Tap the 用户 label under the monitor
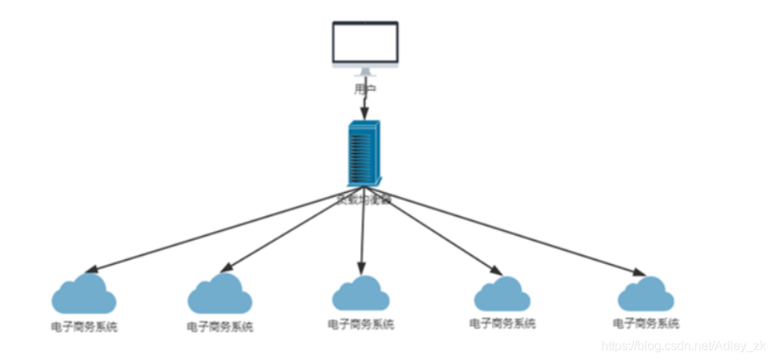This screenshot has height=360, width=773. [365, 89]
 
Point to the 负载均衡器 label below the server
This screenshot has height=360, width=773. [364, 199]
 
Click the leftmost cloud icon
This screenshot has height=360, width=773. [84, 294]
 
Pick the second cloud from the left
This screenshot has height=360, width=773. [219, 294]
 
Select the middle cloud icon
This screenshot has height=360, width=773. [361, 294]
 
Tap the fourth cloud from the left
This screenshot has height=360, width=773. [502, 294]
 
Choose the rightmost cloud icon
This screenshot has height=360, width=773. [646, 295]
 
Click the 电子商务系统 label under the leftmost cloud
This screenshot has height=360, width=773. [85, 326]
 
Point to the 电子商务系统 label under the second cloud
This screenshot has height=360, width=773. [220, 326]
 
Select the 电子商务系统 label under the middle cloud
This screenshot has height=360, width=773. [361, 323]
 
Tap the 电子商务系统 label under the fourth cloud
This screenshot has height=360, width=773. [503, 323]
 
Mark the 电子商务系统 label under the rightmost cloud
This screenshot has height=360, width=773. [646, 323]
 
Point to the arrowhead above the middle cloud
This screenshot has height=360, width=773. [361, 265]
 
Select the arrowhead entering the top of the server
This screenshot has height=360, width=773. [363, 114]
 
